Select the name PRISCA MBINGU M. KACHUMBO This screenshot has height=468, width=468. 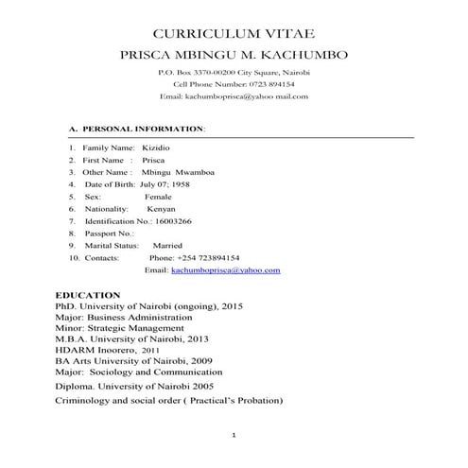pyautogui.click(x=234, y=55)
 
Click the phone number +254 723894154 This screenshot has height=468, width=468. pyautogui.click(x=207, y=257)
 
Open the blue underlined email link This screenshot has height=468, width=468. pyautogui.click(x=226, y=270)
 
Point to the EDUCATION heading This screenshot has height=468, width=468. pyautogui.click(x=88, y=295)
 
